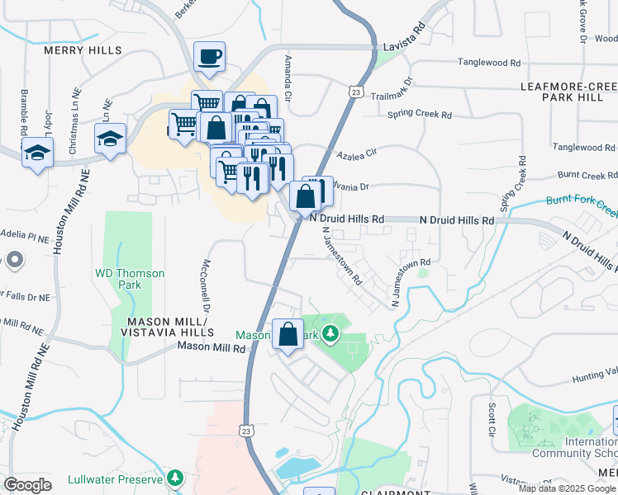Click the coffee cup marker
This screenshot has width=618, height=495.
click(209, 58)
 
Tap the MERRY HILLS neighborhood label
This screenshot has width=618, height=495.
click(83, 50)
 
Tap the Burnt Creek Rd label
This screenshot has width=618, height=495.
click(587, 175)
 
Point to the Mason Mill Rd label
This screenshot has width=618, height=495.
click(212, 349)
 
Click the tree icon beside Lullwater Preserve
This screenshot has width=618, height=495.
click(174, 478)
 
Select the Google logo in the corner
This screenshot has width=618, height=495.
click(28, 484)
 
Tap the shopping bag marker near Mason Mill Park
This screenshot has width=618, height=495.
click(288, 336)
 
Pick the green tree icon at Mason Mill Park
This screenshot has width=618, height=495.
click(330, 334)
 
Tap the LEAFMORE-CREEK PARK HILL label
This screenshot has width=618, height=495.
click(568, 92)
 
